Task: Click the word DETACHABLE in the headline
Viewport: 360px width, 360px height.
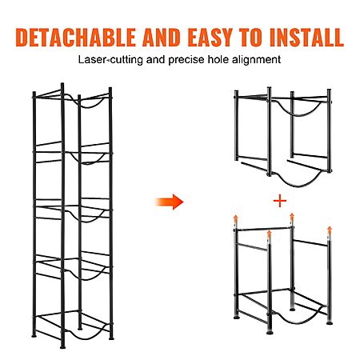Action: coord(76,38)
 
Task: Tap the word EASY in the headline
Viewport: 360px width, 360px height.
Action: coord(210,38)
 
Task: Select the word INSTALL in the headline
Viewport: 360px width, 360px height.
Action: coord(306,38)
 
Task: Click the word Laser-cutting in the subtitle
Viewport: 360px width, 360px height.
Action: coord(110,60)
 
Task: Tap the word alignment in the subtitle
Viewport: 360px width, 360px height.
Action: coord(256,60)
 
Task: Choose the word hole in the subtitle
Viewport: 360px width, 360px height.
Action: coord(218,59)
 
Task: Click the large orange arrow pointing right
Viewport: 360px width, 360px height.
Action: coord(170,202)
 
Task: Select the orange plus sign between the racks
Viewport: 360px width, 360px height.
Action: coord(280,201)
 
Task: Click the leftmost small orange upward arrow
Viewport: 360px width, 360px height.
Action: coord(235,219)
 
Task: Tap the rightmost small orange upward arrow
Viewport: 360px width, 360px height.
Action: coord(330,231)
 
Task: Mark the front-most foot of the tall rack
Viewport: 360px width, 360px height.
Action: coord(62,347)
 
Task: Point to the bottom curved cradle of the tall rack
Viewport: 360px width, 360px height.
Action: coord(86,334)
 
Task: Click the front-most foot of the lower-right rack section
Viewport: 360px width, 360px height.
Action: coord(270,333)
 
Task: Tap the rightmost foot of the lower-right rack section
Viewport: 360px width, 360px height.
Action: coord(330,323)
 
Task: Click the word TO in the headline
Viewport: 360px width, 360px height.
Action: coord(250,38)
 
